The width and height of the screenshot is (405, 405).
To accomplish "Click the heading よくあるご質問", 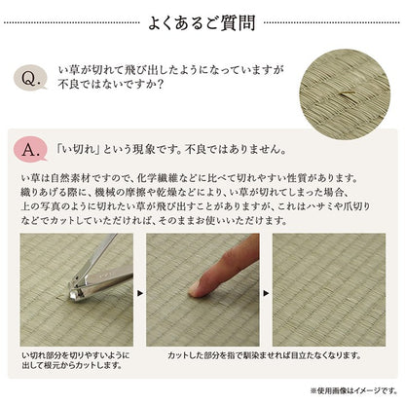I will [x=203, y=20].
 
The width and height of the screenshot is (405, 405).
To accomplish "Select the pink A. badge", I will [x=30, y=151].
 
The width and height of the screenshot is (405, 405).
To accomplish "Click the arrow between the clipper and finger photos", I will [x=137, y=290].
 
